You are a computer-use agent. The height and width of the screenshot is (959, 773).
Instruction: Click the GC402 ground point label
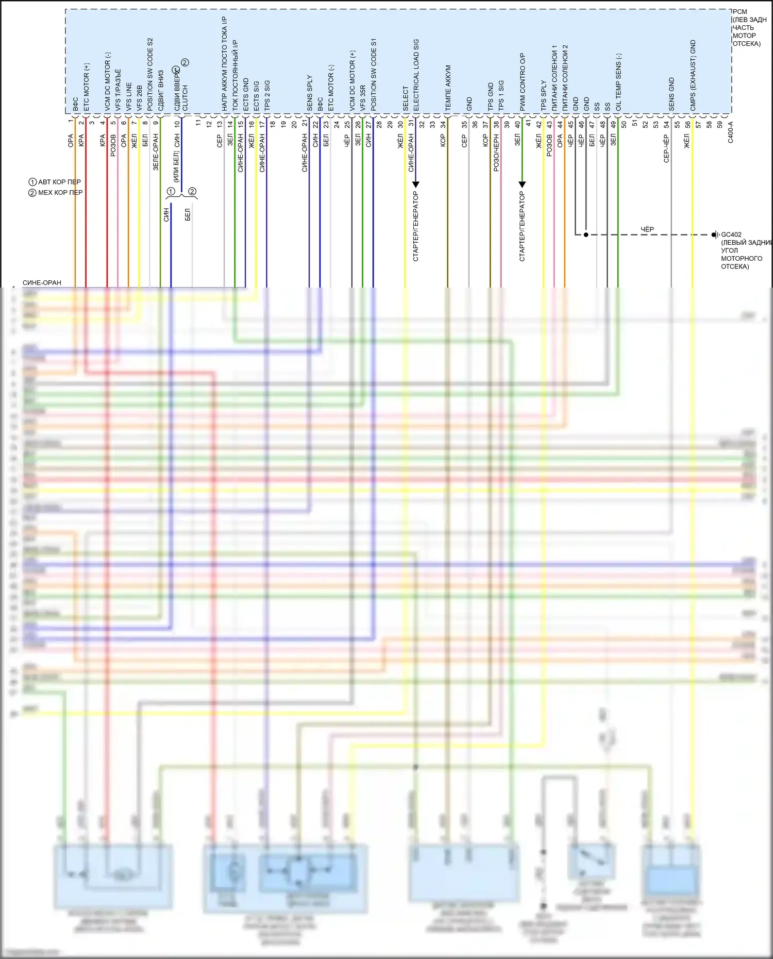[x=731, y=234]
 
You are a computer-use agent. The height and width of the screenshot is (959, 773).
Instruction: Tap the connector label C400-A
[x=730, y=132]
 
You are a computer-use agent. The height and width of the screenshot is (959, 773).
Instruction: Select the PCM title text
[x=740, y=12]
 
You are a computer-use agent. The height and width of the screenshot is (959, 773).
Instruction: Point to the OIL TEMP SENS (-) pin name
[x=618, y=82]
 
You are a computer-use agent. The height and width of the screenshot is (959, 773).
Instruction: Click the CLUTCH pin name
[x=186, y=98]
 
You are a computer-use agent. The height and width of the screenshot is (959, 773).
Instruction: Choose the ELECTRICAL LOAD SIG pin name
[x=416, y=75]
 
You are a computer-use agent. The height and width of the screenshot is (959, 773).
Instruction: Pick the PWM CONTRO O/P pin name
[x=522, y=82]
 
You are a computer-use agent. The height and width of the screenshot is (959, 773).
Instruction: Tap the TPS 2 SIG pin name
[x=267, y=95]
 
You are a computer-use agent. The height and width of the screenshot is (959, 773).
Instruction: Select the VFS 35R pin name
[x=363, y=98]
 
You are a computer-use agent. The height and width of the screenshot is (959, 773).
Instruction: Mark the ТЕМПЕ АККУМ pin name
[x=448, y=88]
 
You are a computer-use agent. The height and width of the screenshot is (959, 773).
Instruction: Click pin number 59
[x=720, y=125]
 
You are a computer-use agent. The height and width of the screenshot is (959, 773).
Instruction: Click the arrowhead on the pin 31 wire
[x=416, y=184]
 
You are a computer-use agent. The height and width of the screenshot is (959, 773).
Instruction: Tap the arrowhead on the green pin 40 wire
[x=522, y=184]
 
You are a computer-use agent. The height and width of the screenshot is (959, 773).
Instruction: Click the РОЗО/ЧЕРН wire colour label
[x=496, y=153]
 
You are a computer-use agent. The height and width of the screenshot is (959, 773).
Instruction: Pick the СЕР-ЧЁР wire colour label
[x=666, y=149]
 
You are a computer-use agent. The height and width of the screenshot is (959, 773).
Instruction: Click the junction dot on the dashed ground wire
[x=586, y=235]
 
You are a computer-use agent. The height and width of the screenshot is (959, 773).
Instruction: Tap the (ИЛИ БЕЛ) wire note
[x=176, y=167]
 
